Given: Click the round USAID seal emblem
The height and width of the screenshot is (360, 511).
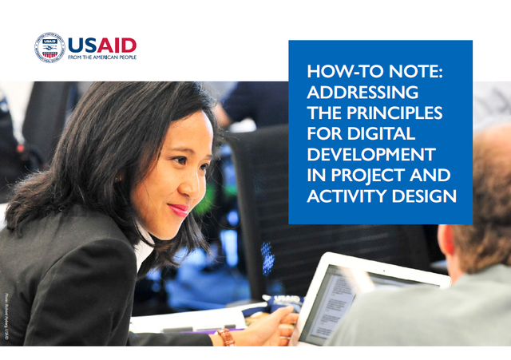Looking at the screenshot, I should click(x=50, y=48).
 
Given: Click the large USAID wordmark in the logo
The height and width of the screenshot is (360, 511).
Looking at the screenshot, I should click(x=101, y=45).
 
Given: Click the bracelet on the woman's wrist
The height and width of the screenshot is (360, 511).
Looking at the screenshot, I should click(x=227, y=336).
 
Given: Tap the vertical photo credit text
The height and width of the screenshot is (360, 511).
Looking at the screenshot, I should click(x=6, y=315).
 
